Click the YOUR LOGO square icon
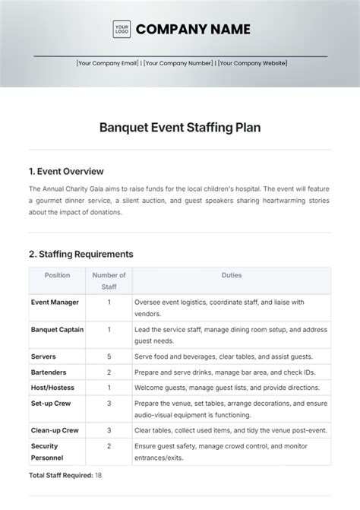pyautogui.click(x=122, y=30)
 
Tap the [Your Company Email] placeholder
pyautogui.click(x=107, y=63)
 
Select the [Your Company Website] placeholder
pyautogui.click(x=252, y=63)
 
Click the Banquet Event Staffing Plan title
pyautogui.click(x=180, y=128)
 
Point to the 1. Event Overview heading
pyautogui.click(x=66, y=171)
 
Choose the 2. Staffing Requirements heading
pyautogui.click(x=81, y=254)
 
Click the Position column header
pyautogui.click(x=57, y=275)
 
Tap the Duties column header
pyautogui.click(x=232, y=275)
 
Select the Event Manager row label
pyautogui.click(x=55, y=302)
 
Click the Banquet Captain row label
pyautogui.click(x=57, y=329)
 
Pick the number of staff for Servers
pyautogui.click(x=109, y=356)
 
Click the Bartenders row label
pyautogui.click(x=49, y=372)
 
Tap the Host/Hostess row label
pyautogui.click(x=52, y=388)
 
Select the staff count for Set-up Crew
pyautogui.click(x=109, y=403)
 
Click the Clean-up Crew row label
pyautogui.click(x=55, y=430)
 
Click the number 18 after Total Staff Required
pyautogui.click(x=98, y=475)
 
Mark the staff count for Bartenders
pyautogui.click(x=109, y=372)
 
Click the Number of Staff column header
pyautogui.click(x=109, y=280)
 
